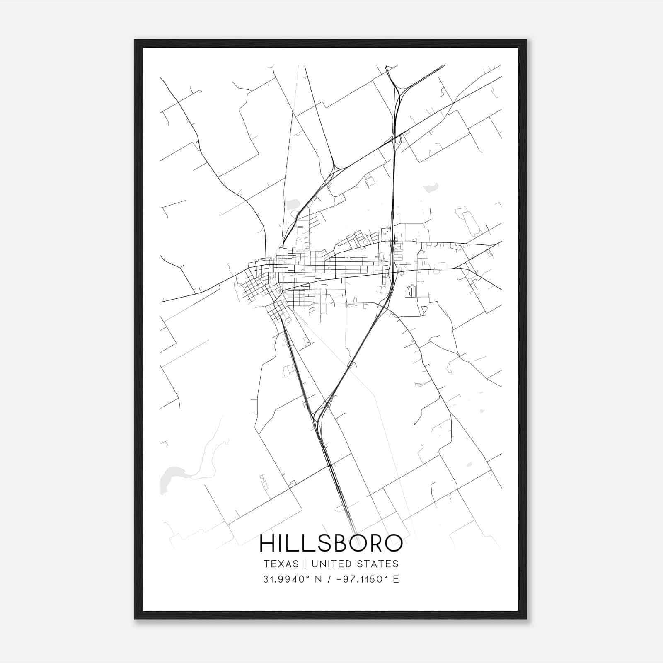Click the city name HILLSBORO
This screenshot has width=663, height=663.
pyautogui.click(x=331, y=543)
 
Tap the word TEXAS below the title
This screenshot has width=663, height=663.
pyautogui.click(x=281, y=564)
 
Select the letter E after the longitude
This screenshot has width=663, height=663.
pyautogui.click(x=396, y=579)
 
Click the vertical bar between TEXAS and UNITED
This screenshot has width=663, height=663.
pyautogui.click(x=305, y=564)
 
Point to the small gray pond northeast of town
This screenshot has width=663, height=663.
pyautogui.click(x=431, y=188)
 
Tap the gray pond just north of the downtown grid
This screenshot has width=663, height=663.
pyautogui.click(x=293, y=204)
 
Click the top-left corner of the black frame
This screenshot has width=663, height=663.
pyautogui.click(x=136, y=41)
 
